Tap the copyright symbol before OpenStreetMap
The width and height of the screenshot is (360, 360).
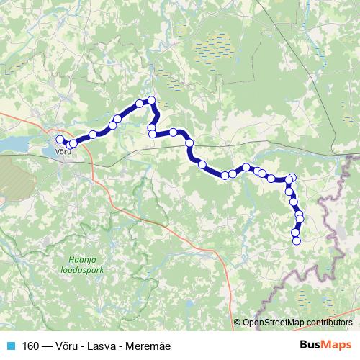pos(238,323)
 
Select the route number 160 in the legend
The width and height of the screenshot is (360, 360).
pos(31,346)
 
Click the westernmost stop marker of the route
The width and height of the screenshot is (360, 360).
pos(60,139)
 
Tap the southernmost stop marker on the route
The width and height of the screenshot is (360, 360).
pos(296,241)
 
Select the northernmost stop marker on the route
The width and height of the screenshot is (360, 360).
pos(151,100)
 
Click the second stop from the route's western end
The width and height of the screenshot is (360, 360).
pos(73,144)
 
